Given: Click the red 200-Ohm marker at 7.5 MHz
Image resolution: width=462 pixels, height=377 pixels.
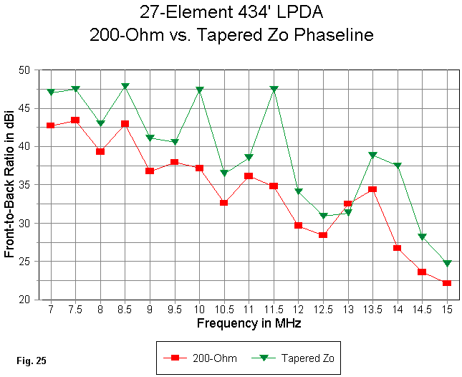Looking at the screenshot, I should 75,120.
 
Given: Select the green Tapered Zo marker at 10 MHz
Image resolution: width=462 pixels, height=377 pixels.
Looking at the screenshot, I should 199,90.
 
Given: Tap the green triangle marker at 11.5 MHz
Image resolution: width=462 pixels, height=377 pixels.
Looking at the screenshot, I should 274,90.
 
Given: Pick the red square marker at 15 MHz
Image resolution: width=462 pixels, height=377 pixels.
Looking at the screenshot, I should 446,283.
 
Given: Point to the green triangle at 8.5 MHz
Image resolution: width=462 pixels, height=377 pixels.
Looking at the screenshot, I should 125,87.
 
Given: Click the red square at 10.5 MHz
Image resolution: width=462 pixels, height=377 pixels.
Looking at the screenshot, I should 223,203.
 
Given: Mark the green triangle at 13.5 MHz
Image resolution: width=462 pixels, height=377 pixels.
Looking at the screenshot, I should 372,155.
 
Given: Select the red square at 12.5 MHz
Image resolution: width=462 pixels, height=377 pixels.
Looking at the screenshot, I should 323,235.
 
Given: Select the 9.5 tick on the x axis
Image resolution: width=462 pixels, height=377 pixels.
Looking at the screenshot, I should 174,308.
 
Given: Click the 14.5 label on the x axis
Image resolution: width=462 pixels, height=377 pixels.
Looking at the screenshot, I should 421,308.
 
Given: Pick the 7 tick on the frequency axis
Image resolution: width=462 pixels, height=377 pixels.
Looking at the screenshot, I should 51,308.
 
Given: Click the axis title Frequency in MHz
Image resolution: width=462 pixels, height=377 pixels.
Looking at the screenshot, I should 249,323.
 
